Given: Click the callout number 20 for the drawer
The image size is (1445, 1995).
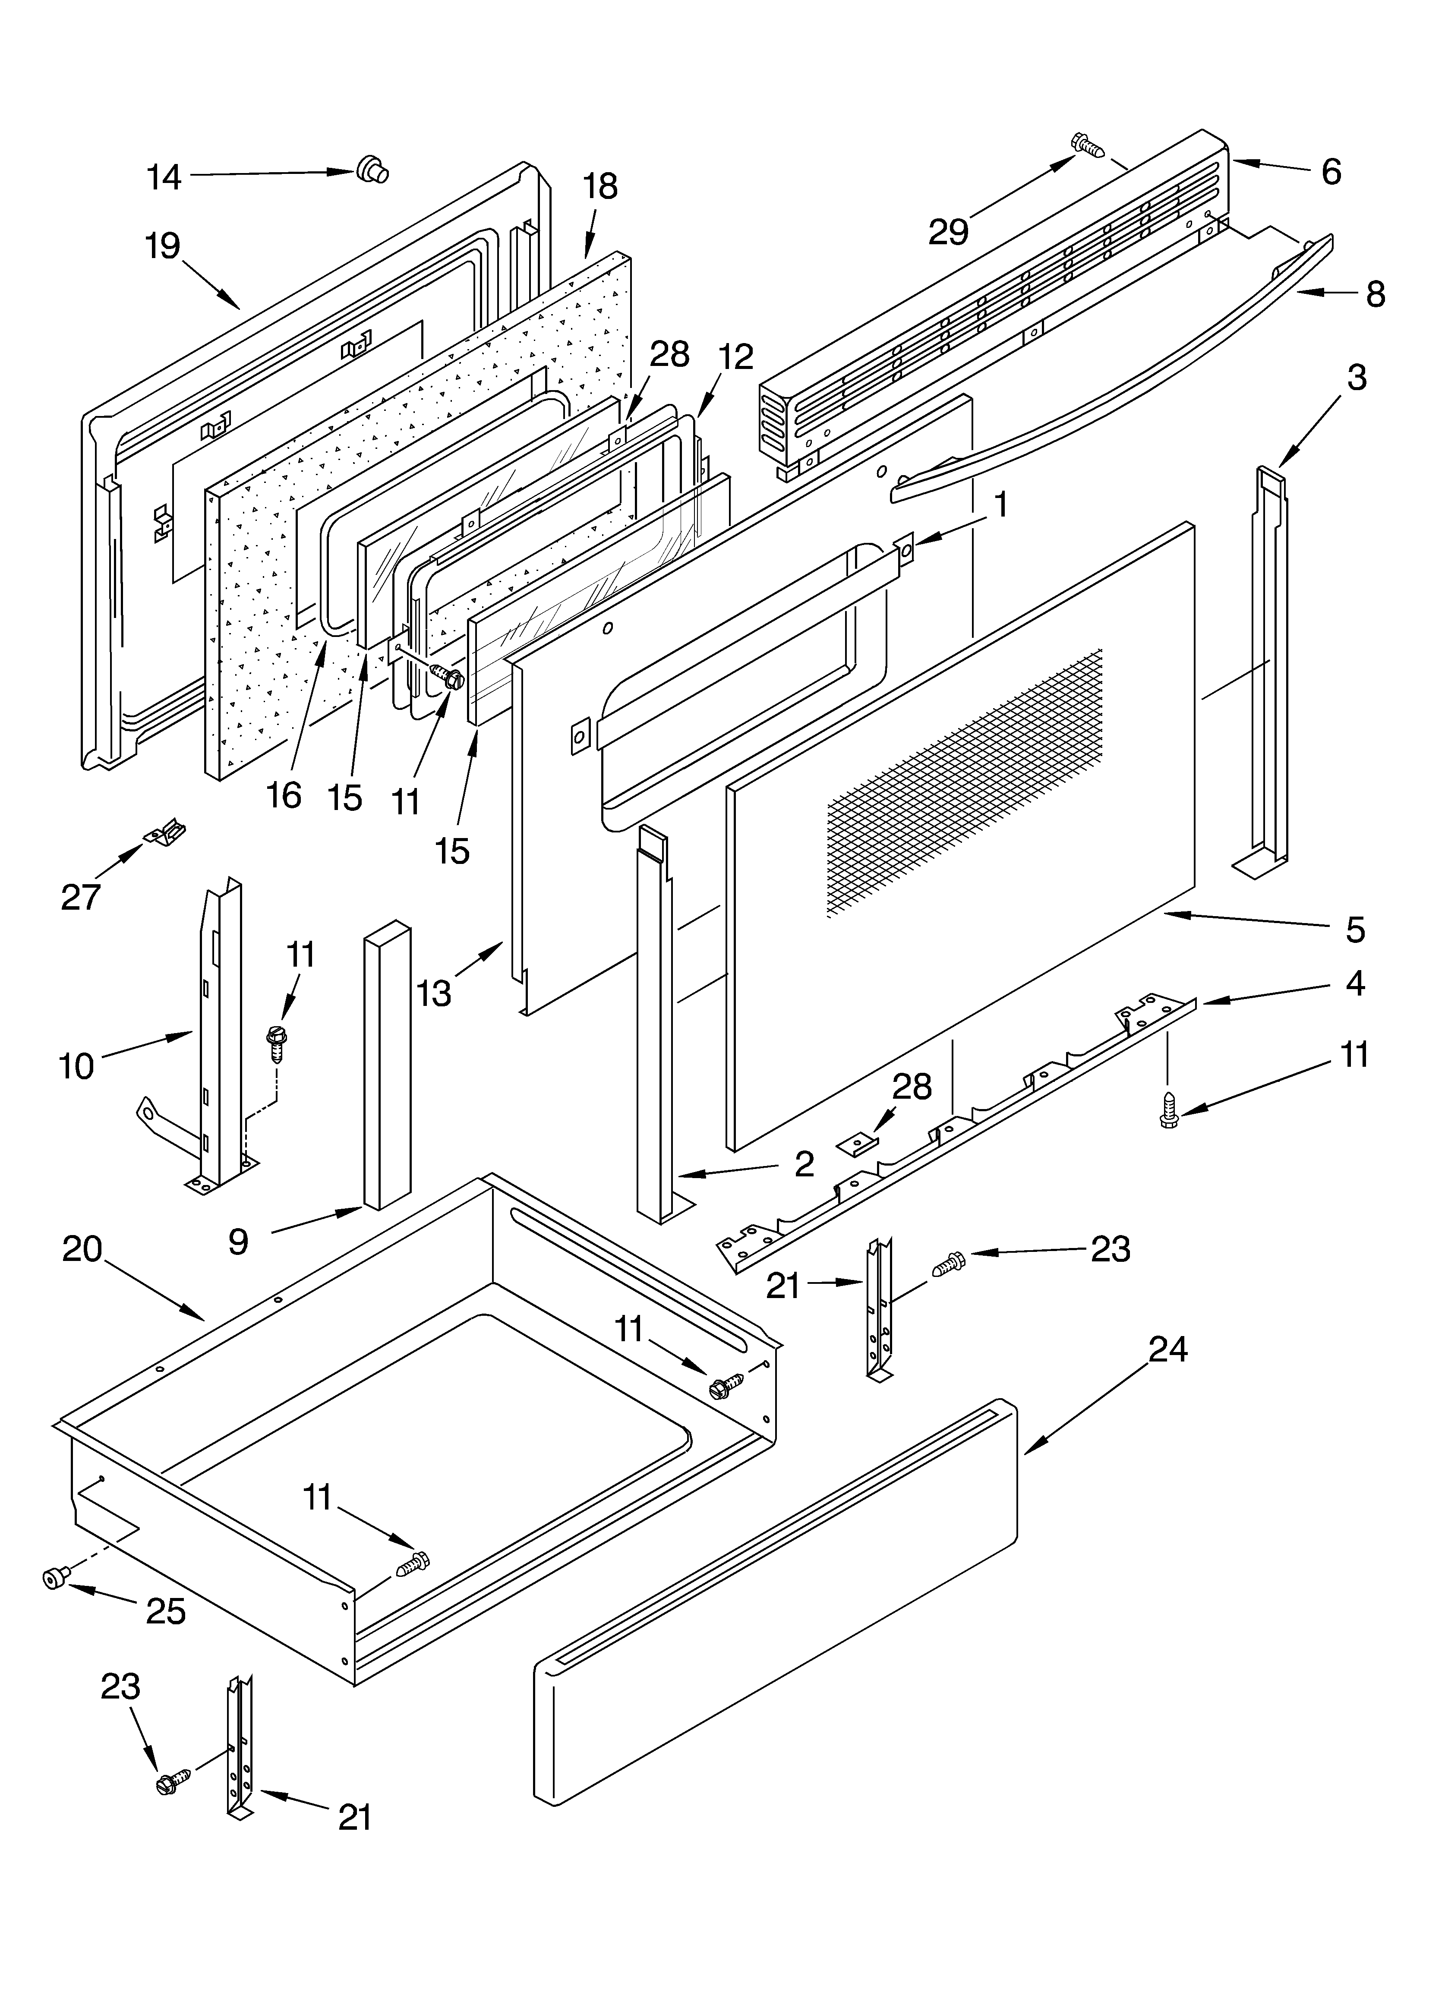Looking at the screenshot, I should (x=82, y=1249).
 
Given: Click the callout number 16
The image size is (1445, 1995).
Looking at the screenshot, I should (x=284, y=795).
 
